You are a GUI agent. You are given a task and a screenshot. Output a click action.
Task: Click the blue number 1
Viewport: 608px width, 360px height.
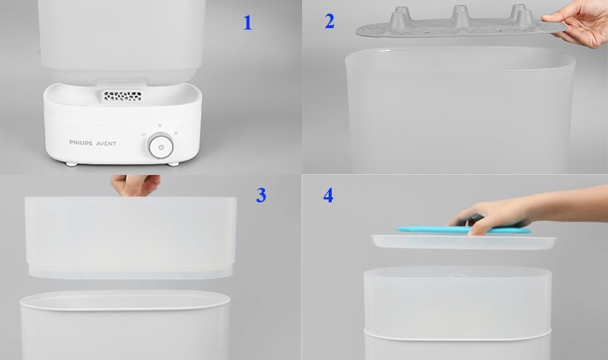248,23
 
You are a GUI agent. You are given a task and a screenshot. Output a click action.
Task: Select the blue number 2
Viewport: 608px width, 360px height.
330,21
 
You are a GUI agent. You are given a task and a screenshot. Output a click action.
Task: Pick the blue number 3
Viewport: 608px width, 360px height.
261,195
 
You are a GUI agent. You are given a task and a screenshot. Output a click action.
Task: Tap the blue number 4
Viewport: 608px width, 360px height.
328,195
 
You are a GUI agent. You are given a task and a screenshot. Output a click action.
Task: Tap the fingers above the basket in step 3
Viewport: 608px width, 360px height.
135,185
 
